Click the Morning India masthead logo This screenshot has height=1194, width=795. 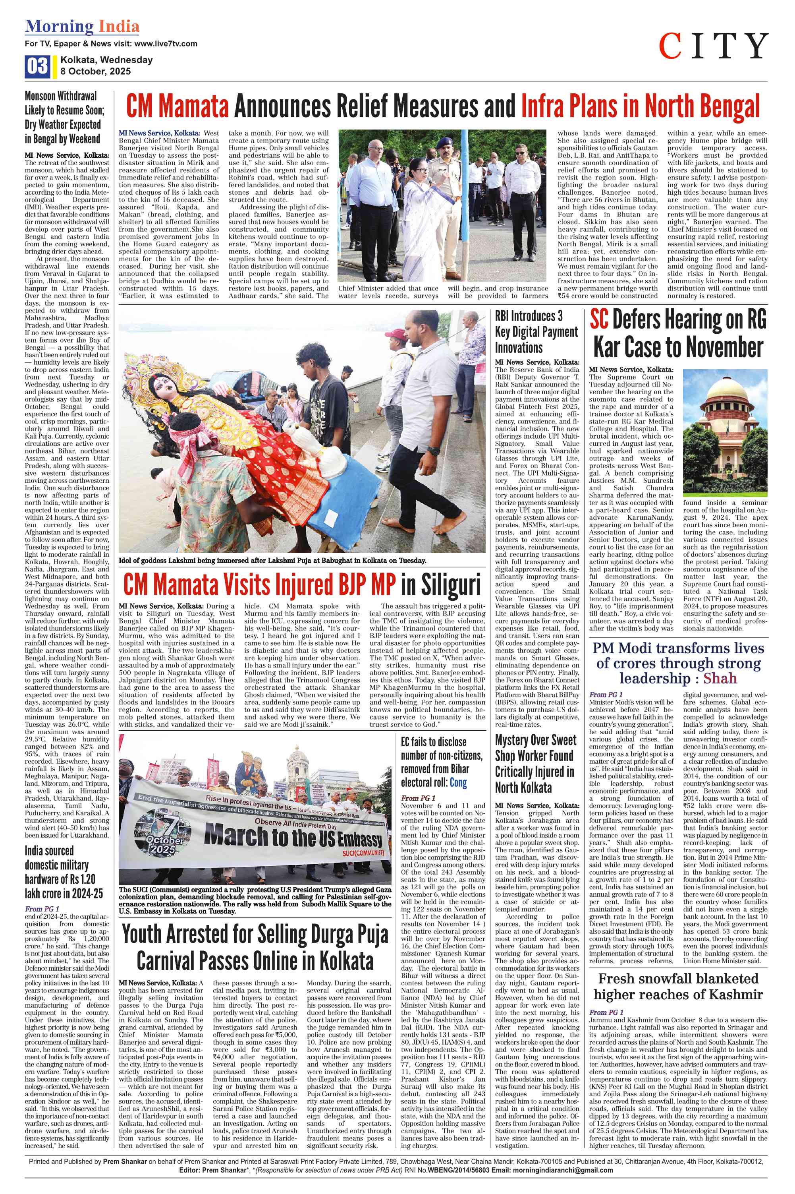(82, 26)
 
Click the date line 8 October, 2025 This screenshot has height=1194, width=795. (95, 72)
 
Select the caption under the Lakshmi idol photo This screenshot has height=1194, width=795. (272, 561)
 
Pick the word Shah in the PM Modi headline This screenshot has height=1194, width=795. (720, 678)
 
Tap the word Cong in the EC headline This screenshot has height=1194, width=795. (458, 783)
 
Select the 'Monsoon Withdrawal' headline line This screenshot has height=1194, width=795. (61, 96)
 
